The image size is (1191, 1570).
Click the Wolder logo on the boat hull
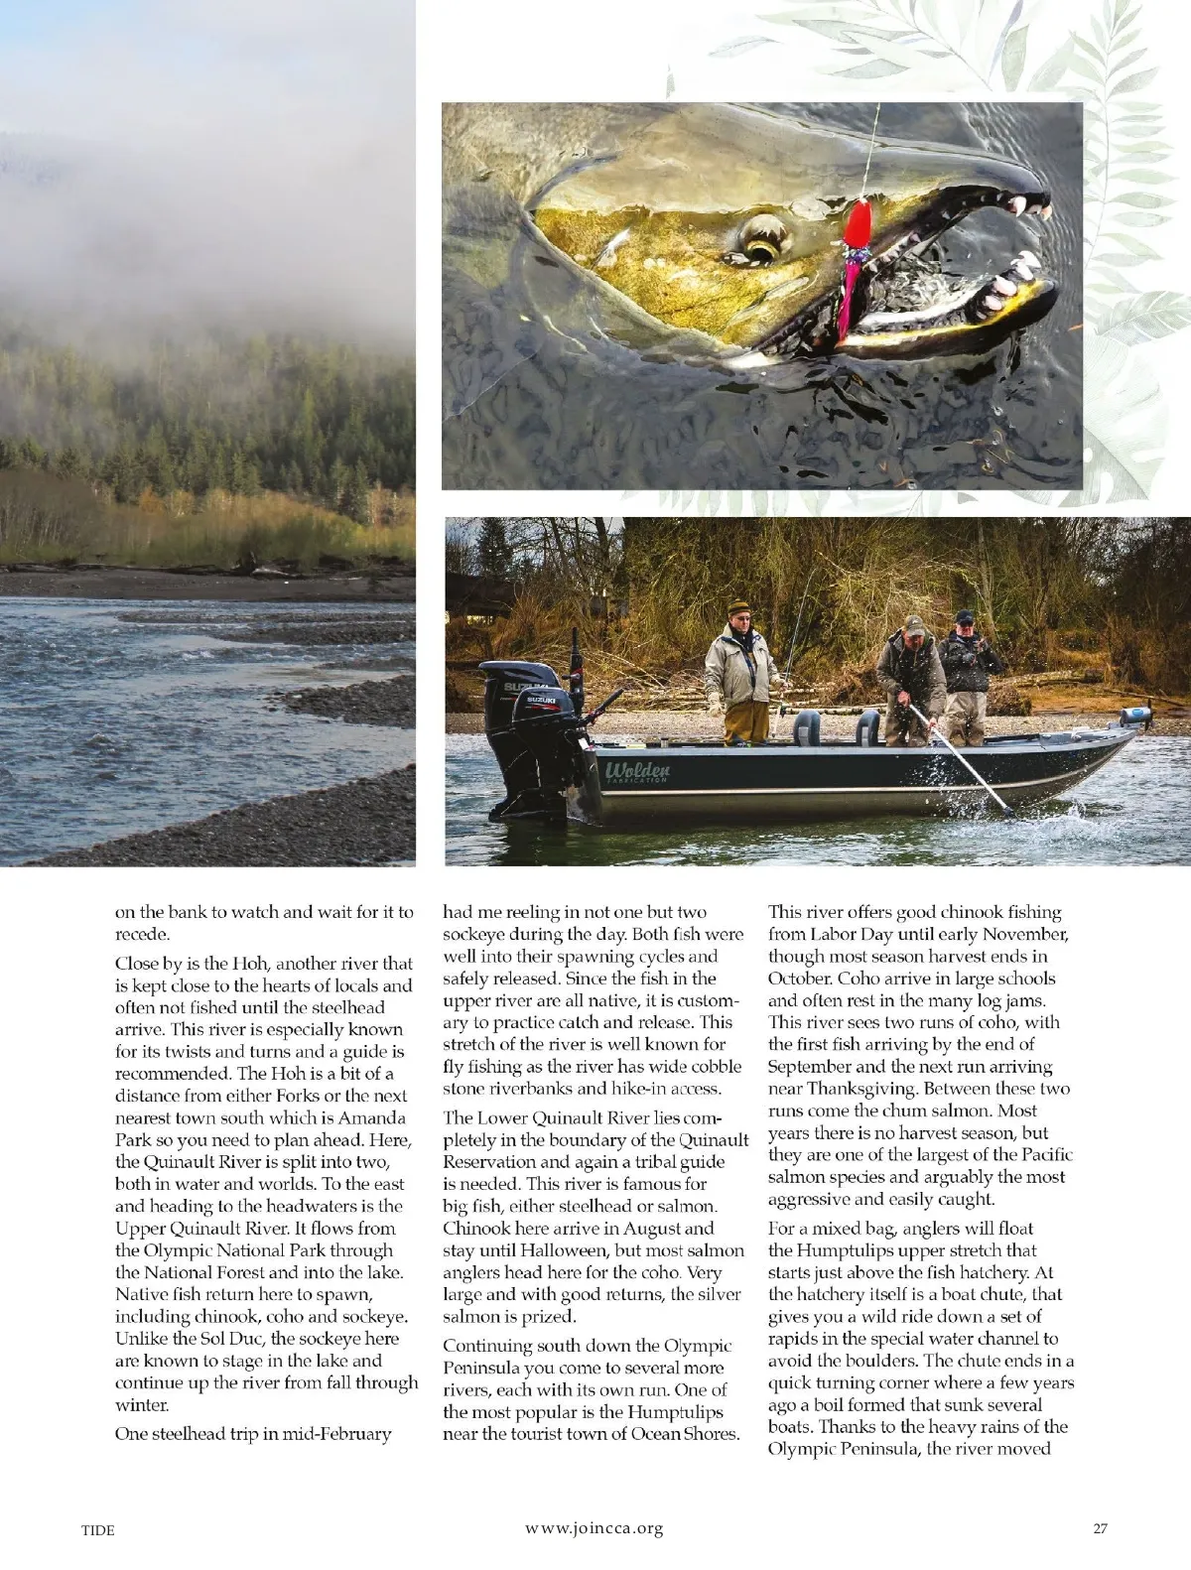pos(637,771)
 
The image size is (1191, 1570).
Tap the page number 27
pos(1100,1529)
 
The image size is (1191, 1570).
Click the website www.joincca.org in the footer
pos(594,1529)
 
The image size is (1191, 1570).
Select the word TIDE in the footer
pos(97,1530)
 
